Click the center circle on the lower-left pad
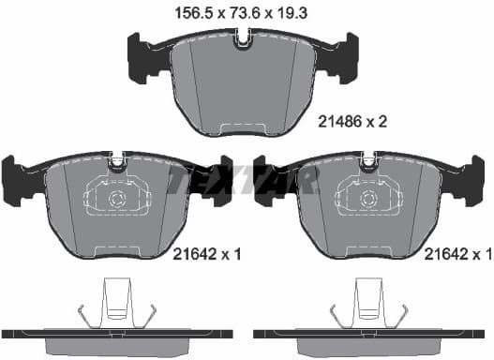pos(117,199)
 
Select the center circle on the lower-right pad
pos(368,199)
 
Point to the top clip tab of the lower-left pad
pos(117,162)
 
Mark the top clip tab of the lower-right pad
pos(368,162)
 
